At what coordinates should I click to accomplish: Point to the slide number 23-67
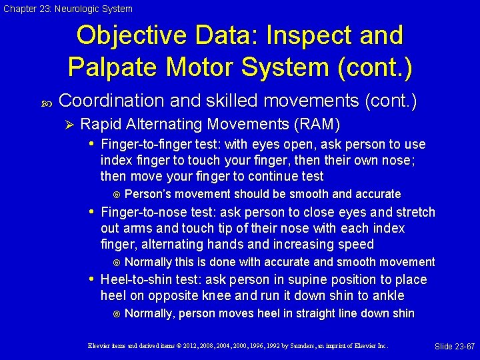pos(454,347)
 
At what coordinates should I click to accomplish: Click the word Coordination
pos(111,101)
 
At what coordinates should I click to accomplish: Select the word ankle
pos(389,296)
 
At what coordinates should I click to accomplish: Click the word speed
pos(358,245)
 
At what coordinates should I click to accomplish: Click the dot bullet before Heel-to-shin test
pos(92,280)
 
